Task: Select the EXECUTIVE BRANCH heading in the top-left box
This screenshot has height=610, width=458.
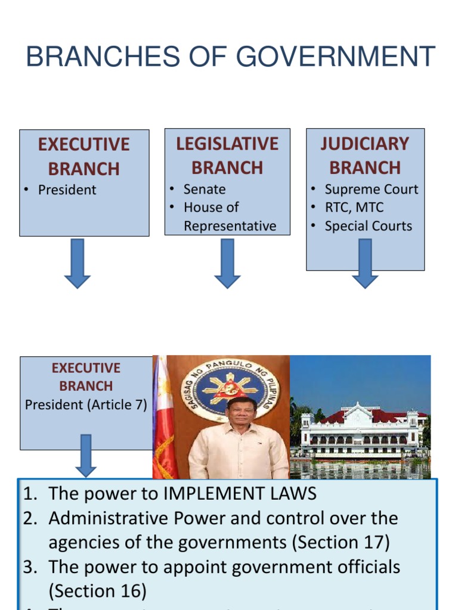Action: point(84,157)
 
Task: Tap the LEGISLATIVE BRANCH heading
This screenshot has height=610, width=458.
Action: point(227,155)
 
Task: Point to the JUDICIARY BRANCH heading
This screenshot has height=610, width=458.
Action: point(365,155)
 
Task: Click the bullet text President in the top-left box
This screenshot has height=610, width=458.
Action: point(67,190)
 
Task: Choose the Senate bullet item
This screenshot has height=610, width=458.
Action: point(205,189)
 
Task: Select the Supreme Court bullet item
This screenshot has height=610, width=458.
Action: point(371,189)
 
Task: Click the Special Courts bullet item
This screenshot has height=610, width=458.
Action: point(368,226)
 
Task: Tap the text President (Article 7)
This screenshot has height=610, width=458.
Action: point(86,404)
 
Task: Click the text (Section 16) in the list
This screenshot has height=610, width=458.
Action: point(97,591)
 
